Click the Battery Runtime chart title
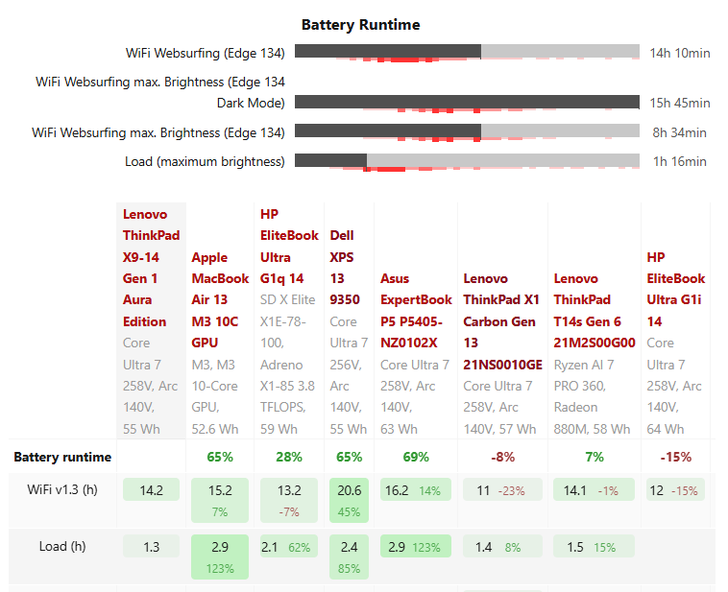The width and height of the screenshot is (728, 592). point(360,24)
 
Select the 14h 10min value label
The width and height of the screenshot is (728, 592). point(680,53)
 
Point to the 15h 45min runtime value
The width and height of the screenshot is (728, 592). point(680,103)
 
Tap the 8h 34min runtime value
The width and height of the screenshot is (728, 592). point(680,132)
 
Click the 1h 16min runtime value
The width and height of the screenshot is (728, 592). point(680,161)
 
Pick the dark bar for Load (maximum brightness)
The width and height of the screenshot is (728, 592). point(330,160)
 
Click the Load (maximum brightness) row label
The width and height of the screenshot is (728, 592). point(205,161)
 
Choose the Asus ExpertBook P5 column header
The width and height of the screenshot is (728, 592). point(416,310)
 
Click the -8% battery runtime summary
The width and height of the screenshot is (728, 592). point(502,457)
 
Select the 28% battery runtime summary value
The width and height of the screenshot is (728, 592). point(288,457)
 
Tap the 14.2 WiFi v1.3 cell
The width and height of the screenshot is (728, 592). point(151,490)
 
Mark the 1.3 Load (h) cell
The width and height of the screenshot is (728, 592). point(151,547)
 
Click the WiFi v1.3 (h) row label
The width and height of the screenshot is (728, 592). point(62,490)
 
